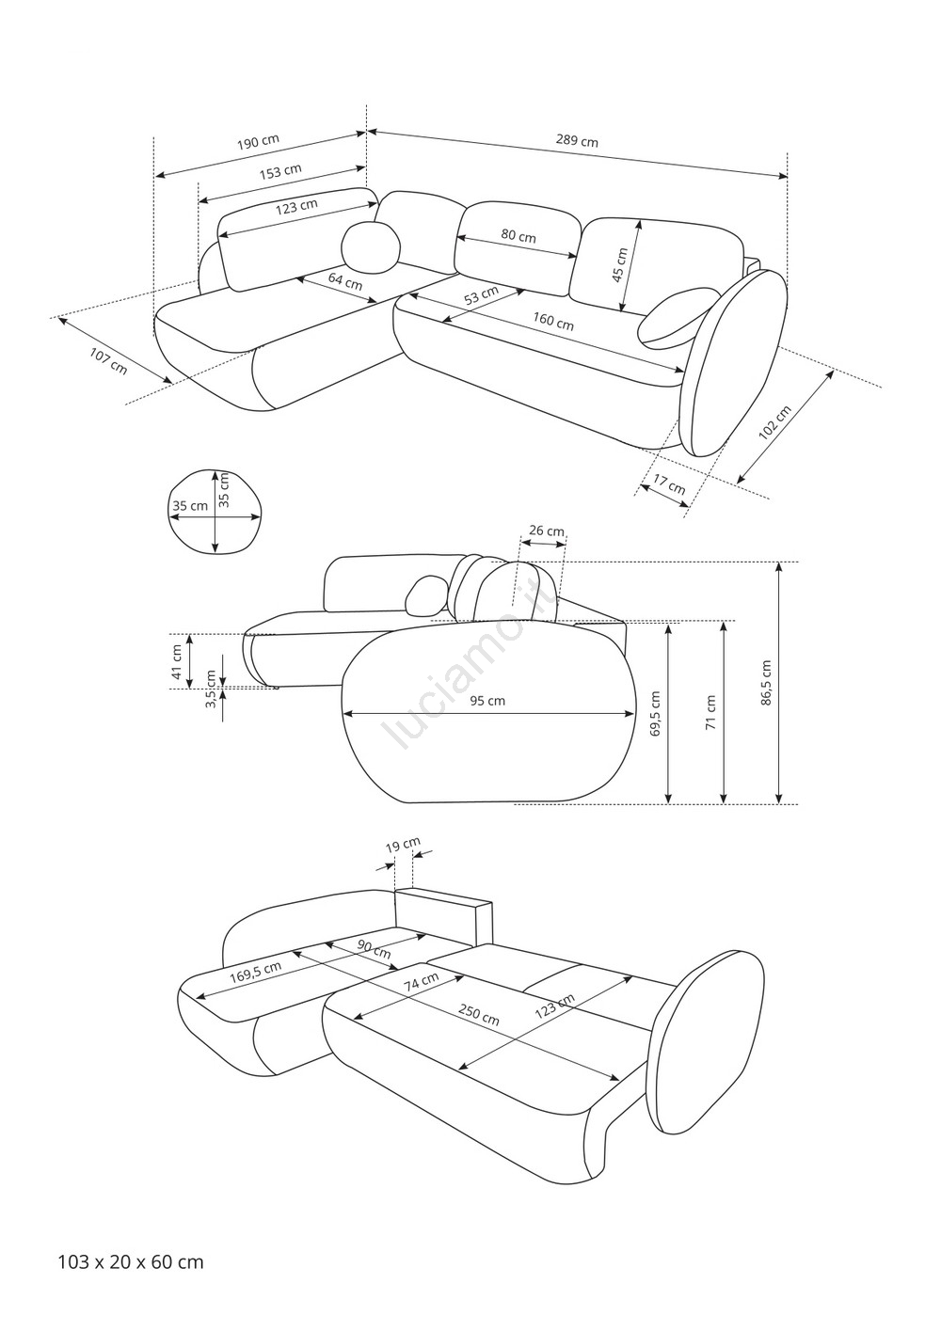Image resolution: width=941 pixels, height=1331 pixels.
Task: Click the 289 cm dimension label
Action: [577, 141]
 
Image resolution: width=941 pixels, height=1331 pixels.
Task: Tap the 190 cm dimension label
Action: [258, 143]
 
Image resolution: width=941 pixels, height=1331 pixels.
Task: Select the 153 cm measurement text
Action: [280, 172]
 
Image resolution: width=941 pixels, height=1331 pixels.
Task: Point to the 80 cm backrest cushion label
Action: [518, 236]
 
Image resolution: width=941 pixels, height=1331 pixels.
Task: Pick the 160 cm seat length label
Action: [552, 322]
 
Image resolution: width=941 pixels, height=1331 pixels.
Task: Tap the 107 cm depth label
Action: [108, 360]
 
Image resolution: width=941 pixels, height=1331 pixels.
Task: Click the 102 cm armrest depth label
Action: [775, 422]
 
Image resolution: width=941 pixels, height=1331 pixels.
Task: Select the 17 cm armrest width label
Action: [669, 484]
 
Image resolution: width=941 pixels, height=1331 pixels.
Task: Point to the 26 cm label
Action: [547, 531]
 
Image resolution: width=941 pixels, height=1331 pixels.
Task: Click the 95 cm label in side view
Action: [487, 701]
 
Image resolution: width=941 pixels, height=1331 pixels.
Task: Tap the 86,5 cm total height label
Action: [766, 682]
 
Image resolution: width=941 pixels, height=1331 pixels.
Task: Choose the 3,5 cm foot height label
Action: [210, 689]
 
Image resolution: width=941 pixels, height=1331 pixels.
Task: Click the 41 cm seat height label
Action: [177, 662]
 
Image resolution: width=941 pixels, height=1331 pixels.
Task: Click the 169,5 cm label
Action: [256, 973]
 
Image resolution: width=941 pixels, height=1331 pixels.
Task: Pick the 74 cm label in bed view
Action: [422, 981]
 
